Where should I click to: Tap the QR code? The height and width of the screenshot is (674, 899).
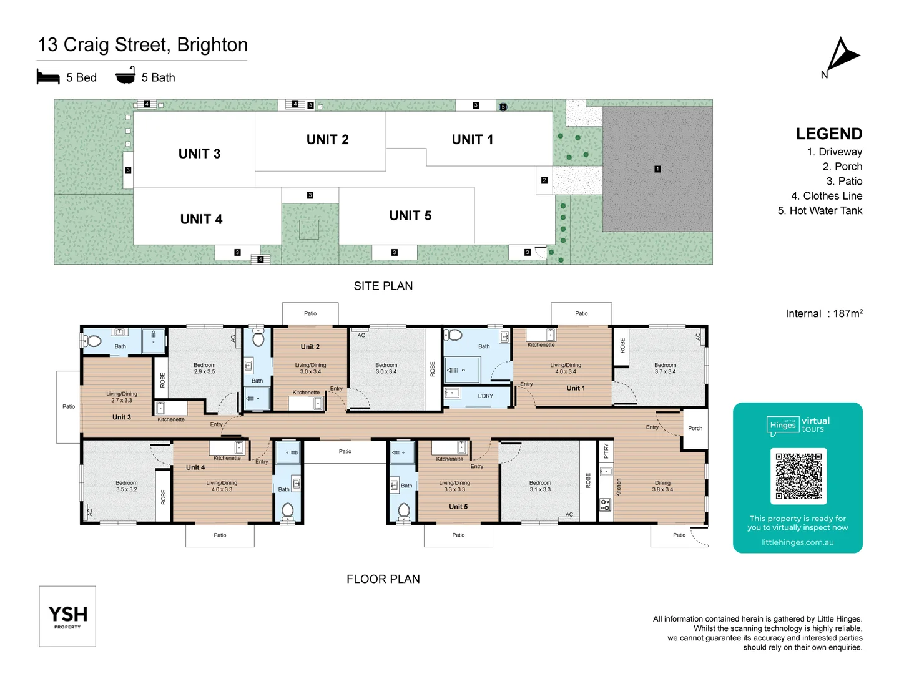click(x=798, y=476)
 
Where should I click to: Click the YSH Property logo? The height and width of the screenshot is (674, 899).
click(x=67, y=616)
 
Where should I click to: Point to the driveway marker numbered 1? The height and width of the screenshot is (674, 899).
click(x=657, y=169)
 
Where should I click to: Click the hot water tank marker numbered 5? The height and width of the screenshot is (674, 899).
click(x=503, y=107)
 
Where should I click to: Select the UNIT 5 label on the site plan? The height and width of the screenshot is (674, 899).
click(x=410, y=216)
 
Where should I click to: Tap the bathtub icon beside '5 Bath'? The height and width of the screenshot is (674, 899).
click(x=125, y=76)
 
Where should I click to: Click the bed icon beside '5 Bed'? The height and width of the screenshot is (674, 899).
click(x=48, y=77)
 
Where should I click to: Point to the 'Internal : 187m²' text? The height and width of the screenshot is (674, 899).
click(x=823, y=313)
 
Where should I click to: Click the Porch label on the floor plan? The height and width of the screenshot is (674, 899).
click(x=695, y=428)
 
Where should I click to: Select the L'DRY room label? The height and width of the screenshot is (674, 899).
click(x=485, y=396)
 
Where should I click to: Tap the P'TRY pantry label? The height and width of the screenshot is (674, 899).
click(x=606, y=451)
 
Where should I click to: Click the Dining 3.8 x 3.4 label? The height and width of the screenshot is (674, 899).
click(x=662, y=486)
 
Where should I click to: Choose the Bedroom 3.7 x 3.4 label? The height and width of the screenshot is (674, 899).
click(x=665, y=368)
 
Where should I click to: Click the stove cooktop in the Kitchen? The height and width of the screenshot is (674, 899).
click(x=605, y=504)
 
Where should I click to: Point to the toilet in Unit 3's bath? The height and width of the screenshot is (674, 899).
click(x=94, y=341)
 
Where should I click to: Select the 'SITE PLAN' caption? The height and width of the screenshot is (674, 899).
click(x=383, y=286)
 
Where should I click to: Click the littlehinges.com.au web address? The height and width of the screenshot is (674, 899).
click(x=797, y=542)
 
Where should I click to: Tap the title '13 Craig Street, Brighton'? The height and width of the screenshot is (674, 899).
click(x=143, y=45)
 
